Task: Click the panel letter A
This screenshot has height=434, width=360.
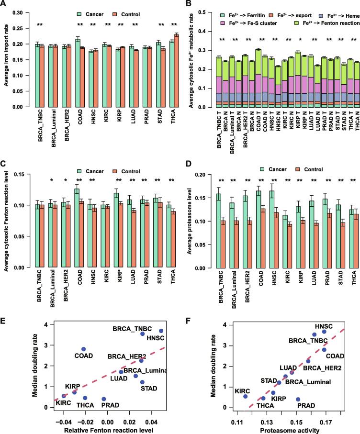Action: pos(4,4)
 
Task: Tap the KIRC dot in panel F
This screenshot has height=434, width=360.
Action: pos(246,396)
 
